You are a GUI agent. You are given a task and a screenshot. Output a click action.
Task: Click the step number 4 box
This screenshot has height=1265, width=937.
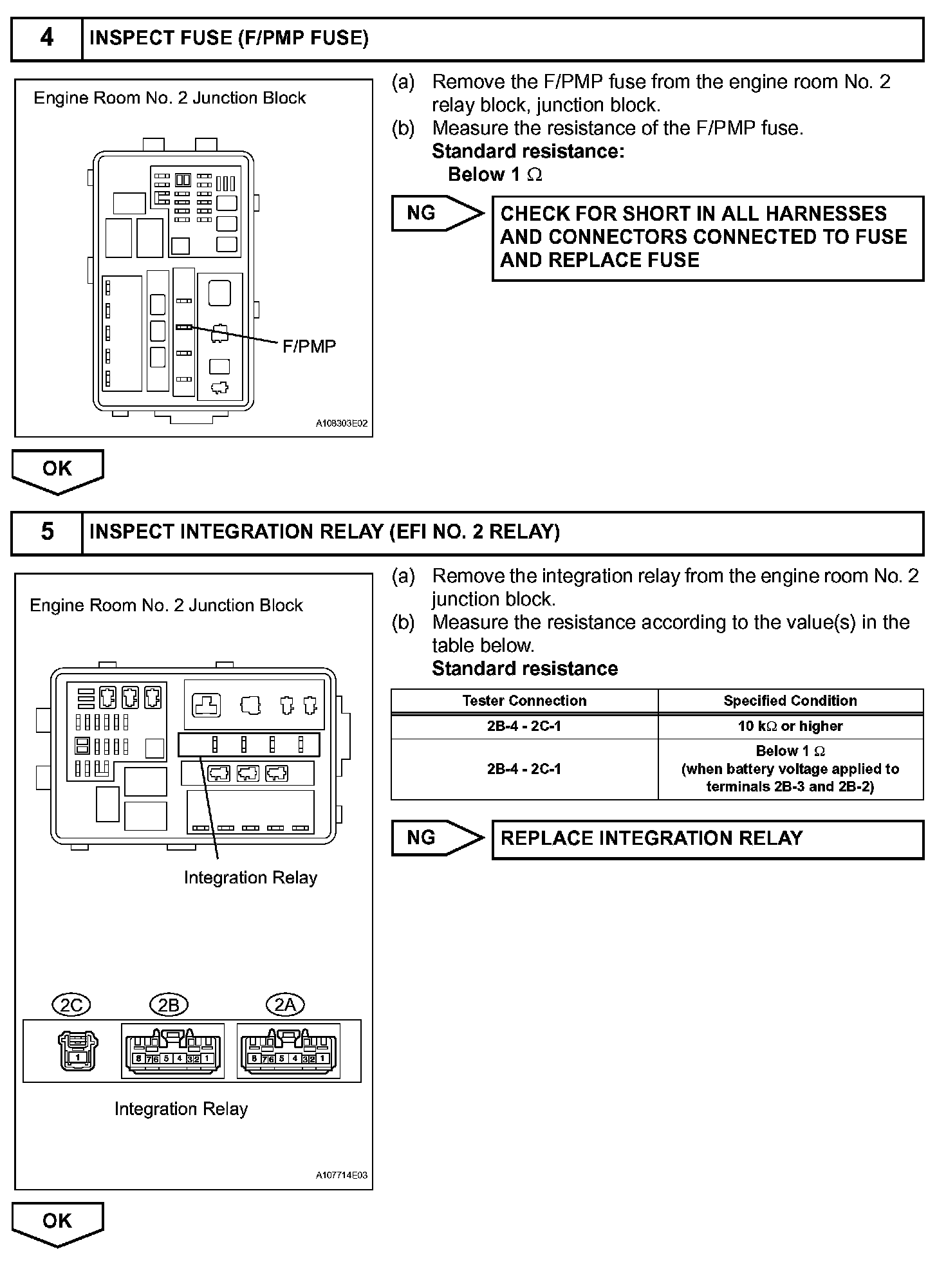[47, 39]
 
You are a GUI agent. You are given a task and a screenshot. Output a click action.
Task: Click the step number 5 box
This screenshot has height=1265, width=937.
[47, 532]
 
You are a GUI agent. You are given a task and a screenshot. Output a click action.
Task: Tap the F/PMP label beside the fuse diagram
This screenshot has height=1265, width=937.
[309, 347]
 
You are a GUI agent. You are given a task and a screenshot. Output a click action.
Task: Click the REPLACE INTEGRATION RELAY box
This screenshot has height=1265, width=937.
[707, 838]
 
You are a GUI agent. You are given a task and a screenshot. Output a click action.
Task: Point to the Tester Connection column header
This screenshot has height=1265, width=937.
[524, 701]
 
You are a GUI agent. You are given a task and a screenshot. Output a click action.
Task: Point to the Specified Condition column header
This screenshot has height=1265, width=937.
[790, 701]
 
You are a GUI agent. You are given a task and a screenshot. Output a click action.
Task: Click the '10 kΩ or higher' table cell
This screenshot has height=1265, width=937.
[790, 726]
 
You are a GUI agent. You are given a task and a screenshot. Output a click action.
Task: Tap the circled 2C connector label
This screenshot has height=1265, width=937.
[71, 1004]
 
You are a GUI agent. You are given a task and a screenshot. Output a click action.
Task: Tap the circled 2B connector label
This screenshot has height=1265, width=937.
[169, 1004]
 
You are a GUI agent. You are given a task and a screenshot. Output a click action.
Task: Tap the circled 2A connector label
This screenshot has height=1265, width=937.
[285, 1004]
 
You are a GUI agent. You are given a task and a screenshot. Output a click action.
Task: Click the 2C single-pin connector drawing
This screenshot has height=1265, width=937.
[78, 1051]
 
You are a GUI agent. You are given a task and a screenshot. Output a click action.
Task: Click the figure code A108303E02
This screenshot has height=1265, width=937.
[341, 424]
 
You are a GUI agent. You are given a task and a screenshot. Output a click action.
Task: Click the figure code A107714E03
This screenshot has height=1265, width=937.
[341, 1176]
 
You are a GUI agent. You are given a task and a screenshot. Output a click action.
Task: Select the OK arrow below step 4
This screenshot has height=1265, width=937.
[57, 470]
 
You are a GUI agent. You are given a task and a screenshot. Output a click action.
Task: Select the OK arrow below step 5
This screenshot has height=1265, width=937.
[57, 1222]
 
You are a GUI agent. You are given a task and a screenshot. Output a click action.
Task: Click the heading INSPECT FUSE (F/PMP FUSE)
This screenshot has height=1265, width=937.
[229, 39]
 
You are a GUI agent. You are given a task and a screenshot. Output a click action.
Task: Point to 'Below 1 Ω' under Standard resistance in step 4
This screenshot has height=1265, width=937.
[495, 175]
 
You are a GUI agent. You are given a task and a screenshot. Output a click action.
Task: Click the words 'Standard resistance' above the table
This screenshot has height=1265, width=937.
[524, 669]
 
